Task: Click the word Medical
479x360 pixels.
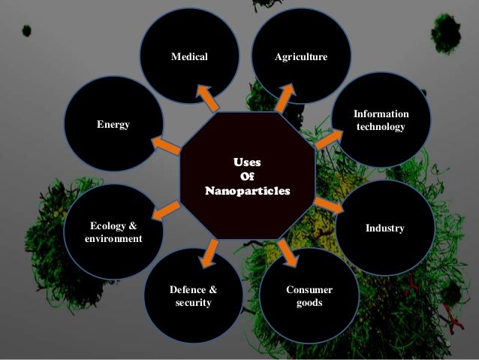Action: pyautogui.click(x=189, y=57)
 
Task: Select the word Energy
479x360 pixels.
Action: pyautogui.click(x=113, y=124)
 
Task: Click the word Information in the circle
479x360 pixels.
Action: pyautogui.click(x=382, y=114)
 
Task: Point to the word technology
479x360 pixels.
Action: pyautogui.click(x=381, y=127)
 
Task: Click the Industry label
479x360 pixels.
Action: pyautogui.click(x=385, y=227)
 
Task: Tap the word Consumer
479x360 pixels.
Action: pyautogui.click(x=309, y=289)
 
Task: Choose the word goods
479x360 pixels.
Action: pyautogui.click(x=309, y=303)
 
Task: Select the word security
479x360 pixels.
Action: pyautogui.click(x=193, y=303)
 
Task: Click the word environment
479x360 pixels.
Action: pyautogui.click(x=113, y=239)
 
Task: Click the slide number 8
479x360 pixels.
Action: pyautogui.click(x=447, y=343)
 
